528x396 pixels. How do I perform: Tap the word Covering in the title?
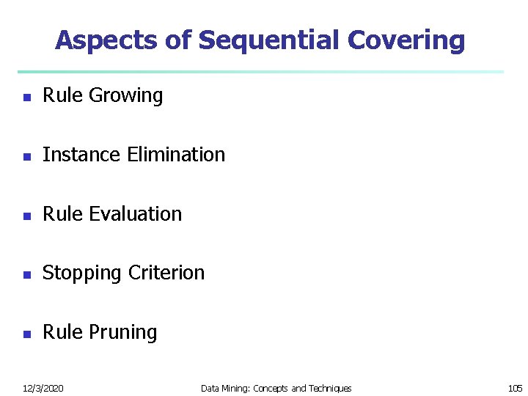406,40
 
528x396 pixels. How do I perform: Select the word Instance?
82,155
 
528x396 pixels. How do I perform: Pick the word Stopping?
82,274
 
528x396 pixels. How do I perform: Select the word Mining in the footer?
235,388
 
